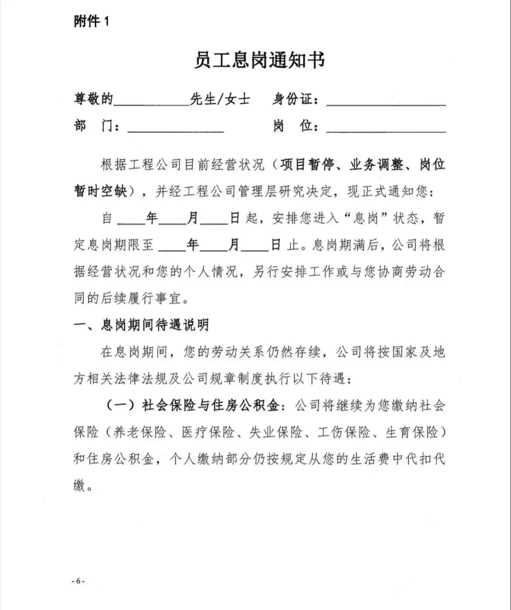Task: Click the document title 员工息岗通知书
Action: [x=259, y=61]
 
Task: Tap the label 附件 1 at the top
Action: [x=91, y=21]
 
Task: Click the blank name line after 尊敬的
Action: [x=151, y=100]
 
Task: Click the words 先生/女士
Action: [x=220, y=99]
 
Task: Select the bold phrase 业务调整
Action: [x=377, y=165]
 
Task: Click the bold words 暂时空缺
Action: [x=100, y=191]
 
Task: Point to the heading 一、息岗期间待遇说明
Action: [x=141, y=325]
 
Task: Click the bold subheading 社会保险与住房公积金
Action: [x=214, y=406]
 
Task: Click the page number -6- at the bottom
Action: [x=78, y=581]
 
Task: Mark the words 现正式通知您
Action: [x=387, y=191]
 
